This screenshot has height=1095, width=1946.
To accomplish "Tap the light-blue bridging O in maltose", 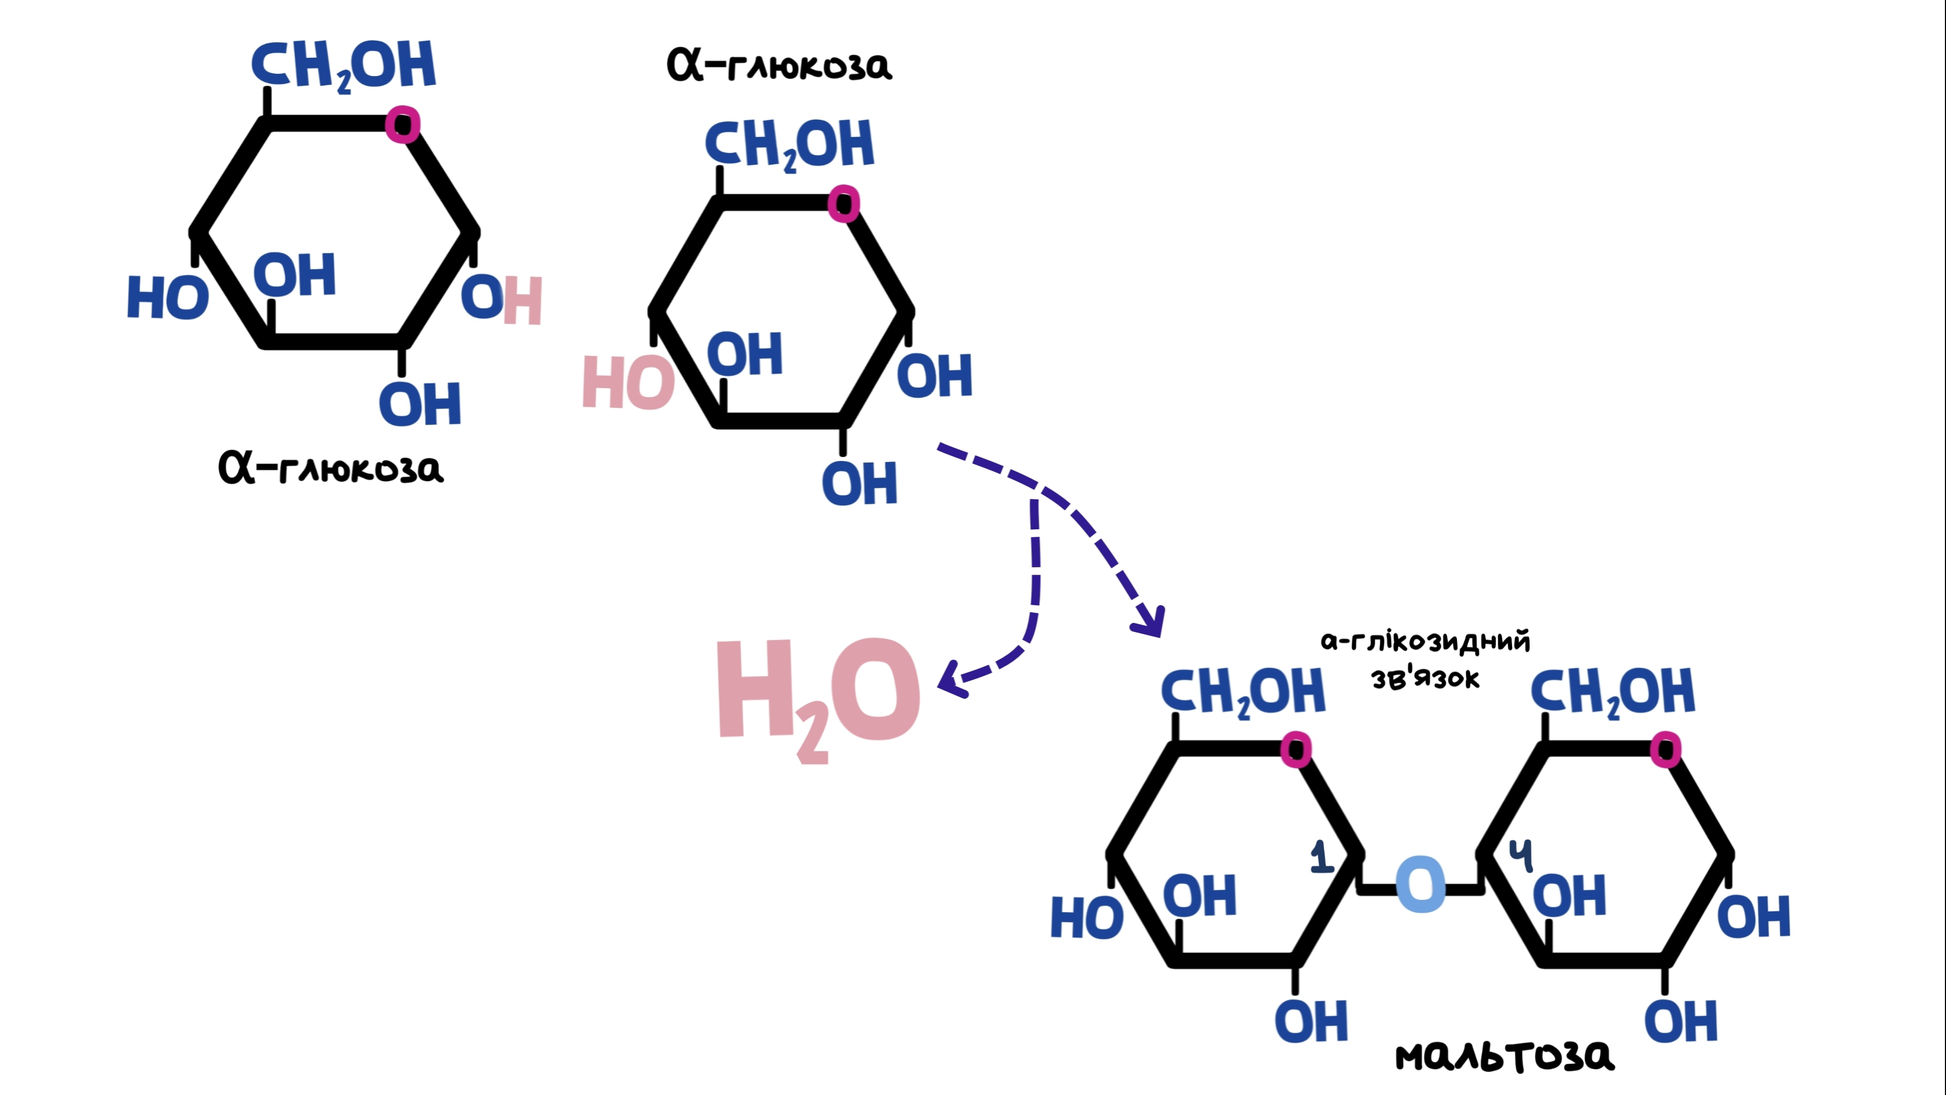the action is point(1421,884).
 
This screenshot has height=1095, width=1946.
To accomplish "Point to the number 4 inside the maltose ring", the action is point(1521,855).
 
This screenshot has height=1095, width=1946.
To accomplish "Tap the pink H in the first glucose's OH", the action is point(523,301).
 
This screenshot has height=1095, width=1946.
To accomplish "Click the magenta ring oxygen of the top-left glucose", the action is point(402,124).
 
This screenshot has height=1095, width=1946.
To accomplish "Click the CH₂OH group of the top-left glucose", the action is point(344,66).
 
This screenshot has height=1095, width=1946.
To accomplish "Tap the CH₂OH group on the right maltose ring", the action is point(1612,692).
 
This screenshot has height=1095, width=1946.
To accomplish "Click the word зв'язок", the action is point(1425,678).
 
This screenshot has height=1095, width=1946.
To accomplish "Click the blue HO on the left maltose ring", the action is point(1087,917).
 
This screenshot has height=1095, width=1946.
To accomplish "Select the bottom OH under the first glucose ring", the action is point(420,404).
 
